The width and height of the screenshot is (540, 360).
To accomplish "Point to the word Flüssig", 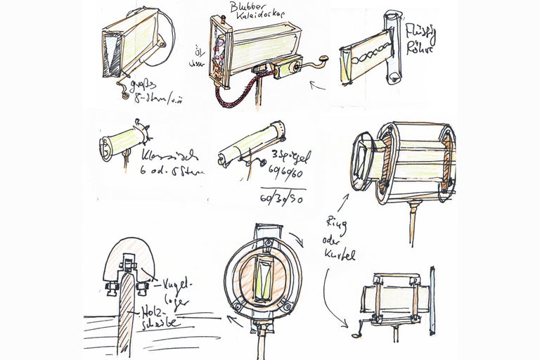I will pos(420,32).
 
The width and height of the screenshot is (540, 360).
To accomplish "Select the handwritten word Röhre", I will pos(420,49).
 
